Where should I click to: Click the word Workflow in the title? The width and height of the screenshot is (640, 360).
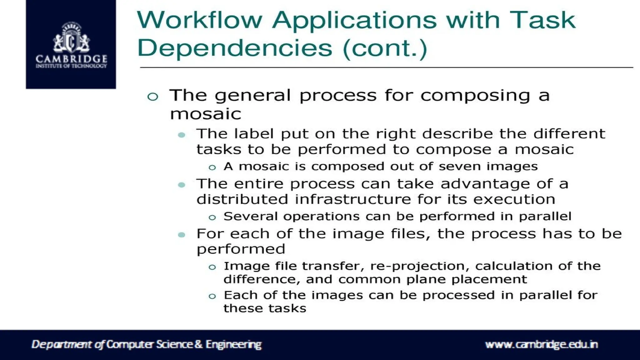pos(199,20)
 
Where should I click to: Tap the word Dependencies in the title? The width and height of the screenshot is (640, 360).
pos(234,48)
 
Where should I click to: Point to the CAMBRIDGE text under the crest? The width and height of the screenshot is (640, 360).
pos(71,59)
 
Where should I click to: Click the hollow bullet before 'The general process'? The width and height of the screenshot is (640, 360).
pos(152,97)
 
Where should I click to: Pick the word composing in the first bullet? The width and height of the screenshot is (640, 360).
pos(475,96)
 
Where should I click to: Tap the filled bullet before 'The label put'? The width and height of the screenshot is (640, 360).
pos(182,135)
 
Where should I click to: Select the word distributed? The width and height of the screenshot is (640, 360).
pos(242,199)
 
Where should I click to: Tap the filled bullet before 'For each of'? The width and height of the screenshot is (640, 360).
pos(182,235)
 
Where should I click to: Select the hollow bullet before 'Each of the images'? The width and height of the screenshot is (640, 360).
pos(212,296)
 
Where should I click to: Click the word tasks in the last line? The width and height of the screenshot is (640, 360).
pos(287,308)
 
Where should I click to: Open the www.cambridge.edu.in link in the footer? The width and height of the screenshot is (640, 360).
pos(541,344)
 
